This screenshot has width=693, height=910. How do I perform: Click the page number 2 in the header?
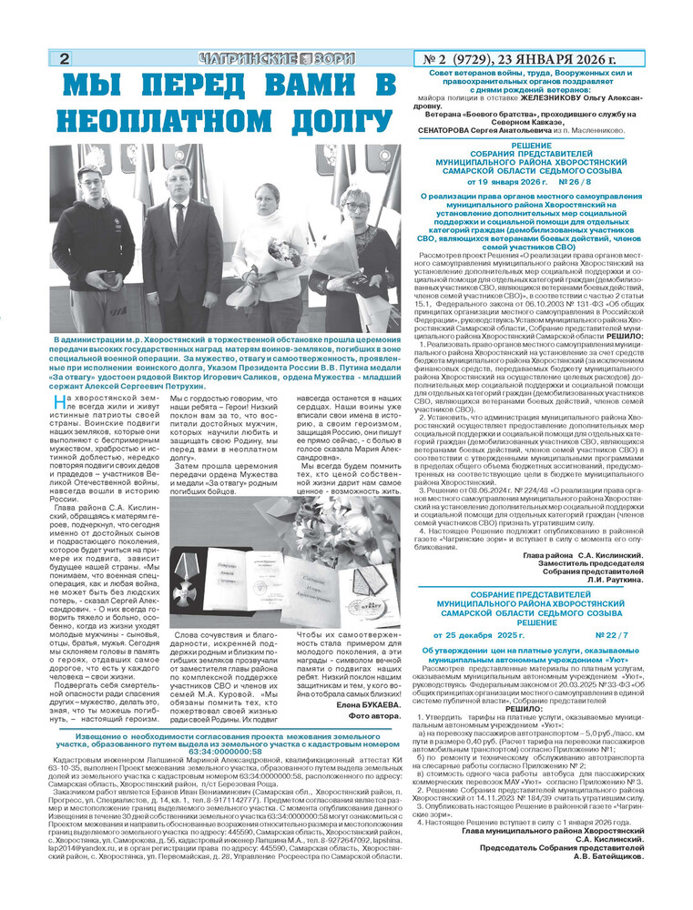65,60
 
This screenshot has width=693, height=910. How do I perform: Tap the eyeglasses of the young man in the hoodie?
89,179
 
